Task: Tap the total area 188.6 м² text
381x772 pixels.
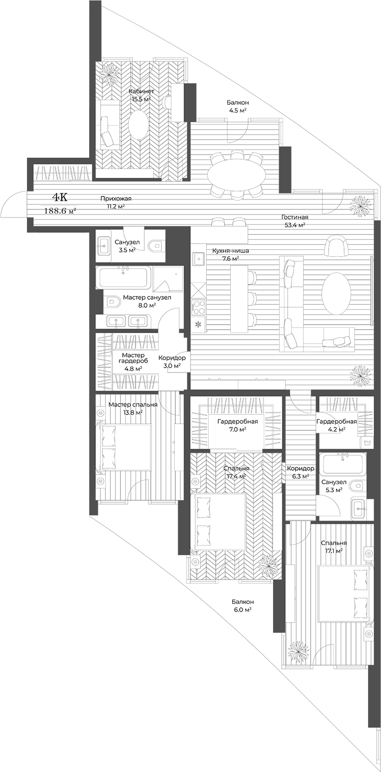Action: [x=60, y=211]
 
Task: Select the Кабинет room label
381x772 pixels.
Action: [x=141, y=92]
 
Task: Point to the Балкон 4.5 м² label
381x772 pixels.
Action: [x=237, y=106]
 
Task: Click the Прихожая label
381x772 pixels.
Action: [x=115, y=202]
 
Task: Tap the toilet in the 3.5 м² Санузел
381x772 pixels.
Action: [x=156, y=245]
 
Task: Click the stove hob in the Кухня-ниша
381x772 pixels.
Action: [x=198, y=307]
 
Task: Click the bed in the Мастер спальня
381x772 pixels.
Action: [x=125, y=447]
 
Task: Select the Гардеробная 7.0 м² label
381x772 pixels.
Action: [x=237, y=425]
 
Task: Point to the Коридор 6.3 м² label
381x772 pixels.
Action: [x=300, y=472]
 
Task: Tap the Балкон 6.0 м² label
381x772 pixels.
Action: [x=242, y=605]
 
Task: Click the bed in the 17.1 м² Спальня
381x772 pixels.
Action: [x=345, y=593]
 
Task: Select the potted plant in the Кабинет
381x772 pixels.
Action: [x=108, y=74]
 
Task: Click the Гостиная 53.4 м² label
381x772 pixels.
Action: [x=294, y=221]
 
